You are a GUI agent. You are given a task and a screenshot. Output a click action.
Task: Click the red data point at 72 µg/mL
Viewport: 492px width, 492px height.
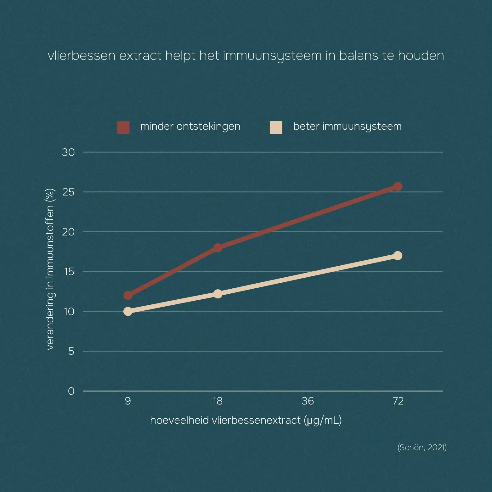click(x=398, y=186)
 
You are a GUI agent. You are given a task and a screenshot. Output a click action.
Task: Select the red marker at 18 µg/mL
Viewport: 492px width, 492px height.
click(x=218, y=247)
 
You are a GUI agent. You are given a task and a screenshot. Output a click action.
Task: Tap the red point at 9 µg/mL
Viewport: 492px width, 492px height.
click(x=128, y=295)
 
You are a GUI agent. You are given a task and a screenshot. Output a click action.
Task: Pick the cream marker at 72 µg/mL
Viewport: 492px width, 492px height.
click(x=398, y=256)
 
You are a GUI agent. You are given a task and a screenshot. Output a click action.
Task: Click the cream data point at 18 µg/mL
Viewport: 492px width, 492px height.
click(x=218, y=294)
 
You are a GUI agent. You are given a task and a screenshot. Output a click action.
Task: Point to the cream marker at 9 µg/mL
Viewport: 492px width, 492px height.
click(x=128, y=311)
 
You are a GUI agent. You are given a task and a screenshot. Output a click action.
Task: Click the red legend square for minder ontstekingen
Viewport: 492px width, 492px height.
click(x=123, y=127)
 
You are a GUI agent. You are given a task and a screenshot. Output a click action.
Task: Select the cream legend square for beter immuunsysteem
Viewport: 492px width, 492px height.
click(x=276, y=127)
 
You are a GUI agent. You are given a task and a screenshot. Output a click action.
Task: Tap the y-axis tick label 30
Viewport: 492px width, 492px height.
click(x=68, y=152)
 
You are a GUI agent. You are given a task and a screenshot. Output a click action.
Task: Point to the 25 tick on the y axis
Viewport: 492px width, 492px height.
click(x=68, y=192)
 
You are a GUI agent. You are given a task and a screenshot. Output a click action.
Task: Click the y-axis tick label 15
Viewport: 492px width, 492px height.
click(x=69, y=272)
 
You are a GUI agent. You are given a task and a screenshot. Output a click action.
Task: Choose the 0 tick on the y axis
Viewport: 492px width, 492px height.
click(x=71, y=391)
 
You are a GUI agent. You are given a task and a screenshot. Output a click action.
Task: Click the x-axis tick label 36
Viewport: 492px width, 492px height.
click(x=308, y=401)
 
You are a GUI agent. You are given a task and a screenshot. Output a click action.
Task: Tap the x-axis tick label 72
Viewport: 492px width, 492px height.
click(x=398, y=401)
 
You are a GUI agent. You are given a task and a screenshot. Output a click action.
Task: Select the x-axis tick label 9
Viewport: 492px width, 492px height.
click(x=128, y=401)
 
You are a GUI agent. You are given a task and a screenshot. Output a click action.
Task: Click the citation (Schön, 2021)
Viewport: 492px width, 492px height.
click(x=422, y=447)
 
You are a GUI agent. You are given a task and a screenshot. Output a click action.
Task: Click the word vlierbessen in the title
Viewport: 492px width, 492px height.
click(x=82, y=56)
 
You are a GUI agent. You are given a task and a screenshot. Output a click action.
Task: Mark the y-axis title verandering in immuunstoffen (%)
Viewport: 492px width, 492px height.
click(x=50, y=269)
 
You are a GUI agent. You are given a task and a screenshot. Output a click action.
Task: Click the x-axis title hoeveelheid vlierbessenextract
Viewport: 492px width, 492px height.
click(x=225, y=420)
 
